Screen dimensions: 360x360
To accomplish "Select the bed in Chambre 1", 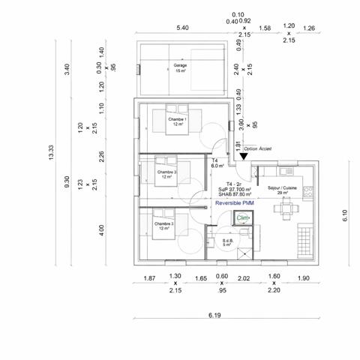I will pos(166,121).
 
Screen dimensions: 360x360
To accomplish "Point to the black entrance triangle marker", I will pos(244,157).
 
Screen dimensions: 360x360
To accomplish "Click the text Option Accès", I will pos(257,149).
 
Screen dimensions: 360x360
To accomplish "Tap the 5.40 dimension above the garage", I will pos(181,28).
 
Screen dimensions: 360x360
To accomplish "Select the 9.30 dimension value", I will pos(67,182).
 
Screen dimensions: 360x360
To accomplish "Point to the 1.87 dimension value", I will pos(149,278).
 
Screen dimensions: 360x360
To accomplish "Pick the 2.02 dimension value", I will pos(244,278).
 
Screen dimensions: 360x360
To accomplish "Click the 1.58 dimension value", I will pos(264,28).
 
